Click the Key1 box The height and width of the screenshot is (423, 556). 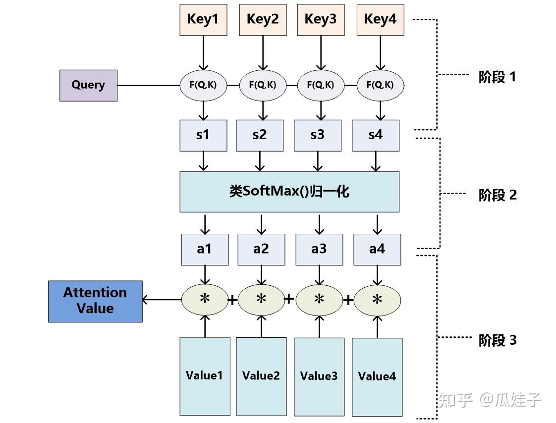[x=203, y=20]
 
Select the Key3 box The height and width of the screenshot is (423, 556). [x=321, y=20]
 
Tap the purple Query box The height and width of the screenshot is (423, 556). [x=88, y=86]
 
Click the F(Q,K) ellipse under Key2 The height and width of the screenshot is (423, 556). [x=263, y=86]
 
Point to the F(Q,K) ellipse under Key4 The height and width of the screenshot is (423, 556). [x=381, y=86]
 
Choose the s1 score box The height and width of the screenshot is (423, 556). [x=203, y=135]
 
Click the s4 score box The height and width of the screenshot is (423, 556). [x=376, y=135]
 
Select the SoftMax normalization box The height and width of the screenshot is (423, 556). [x=289, y=192]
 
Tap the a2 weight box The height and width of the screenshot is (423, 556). [x=261, y=249]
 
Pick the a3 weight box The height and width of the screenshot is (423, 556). [x=319, y=249]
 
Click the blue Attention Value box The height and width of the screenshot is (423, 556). [x=95, y=301]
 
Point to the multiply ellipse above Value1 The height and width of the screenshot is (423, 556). [x=205, y=300]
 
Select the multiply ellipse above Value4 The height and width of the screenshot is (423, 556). [x=377, y=300]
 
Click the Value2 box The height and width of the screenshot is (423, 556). [x=261, y=376]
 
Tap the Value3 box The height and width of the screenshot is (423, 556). [x=319, y=377]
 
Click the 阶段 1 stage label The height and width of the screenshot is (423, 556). [x=497, y=77]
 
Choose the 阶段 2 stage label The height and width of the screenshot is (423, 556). [x=498, y=195]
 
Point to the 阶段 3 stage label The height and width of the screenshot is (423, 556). [x=498, y=340]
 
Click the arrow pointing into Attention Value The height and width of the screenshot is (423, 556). [x=162, y=300]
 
